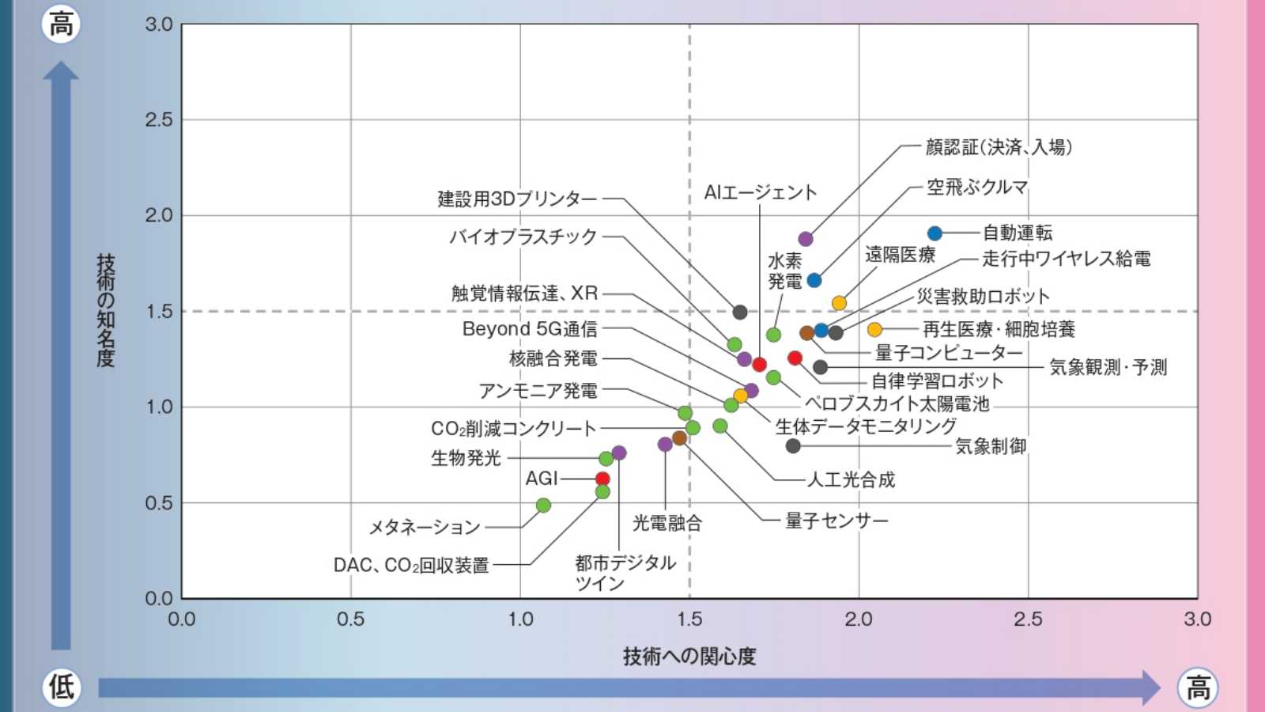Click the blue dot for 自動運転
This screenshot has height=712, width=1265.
click(935, 233)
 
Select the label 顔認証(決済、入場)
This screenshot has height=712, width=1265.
click(999, 147)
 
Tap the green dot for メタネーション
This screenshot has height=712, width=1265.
click(543, 505)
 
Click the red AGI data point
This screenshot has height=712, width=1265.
click(602, 479)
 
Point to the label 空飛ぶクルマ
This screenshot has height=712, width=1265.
click(977, 187)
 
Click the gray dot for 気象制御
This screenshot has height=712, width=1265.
click(793, 446)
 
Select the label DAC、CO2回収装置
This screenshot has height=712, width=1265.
click(411, 565)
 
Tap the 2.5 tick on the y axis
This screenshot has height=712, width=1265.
click(159, 120)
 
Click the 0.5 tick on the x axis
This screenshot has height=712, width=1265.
click(350, 619)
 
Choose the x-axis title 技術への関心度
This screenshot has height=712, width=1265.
click(689, 656)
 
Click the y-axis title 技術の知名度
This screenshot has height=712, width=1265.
click(106, 310)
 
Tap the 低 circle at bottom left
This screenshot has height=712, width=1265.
click(61, 686)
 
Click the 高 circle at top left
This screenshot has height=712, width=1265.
click(61, 25)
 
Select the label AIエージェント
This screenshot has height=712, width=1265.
click(760, 192)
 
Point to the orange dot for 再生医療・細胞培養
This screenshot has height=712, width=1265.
click(874, 329)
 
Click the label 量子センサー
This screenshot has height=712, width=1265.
click(836, 521)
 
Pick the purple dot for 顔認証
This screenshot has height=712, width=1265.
click(806, 239)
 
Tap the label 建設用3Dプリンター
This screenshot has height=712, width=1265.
click(517, 199)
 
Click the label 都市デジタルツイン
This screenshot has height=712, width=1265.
click(625, 573)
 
